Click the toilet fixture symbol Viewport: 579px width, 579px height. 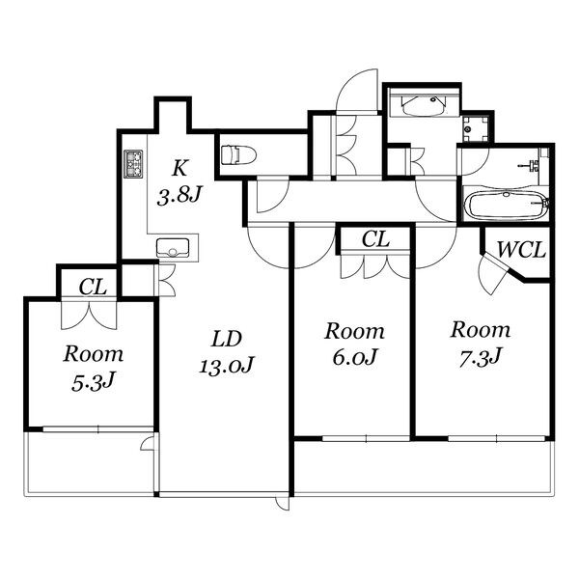238,154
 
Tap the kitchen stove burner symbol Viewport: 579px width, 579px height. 133,164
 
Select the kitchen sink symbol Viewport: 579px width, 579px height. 173,248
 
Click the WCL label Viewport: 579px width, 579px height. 521,250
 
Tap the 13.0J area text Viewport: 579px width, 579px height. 227,365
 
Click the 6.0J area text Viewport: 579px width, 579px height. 354,357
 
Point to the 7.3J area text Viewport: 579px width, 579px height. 480,357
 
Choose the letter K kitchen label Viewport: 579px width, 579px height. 179,168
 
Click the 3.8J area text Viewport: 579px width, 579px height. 179,195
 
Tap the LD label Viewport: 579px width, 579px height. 227,339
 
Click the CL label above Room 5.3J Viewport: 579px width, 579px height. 93,287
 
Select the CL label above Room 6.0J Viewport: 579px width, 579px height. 375,239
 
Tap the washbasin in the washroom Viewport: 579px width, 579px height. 424,104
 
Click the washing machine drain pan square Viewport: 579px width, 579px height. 475,129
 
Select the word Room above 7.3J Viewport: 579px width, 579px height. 481,330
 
